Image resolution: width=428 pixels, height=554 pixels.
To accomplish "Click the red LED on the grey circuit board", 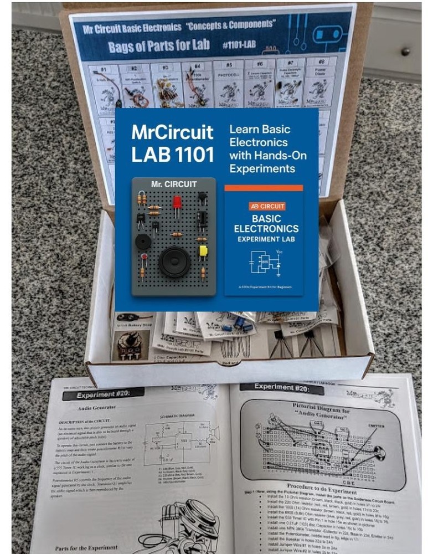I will [177, 202].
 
